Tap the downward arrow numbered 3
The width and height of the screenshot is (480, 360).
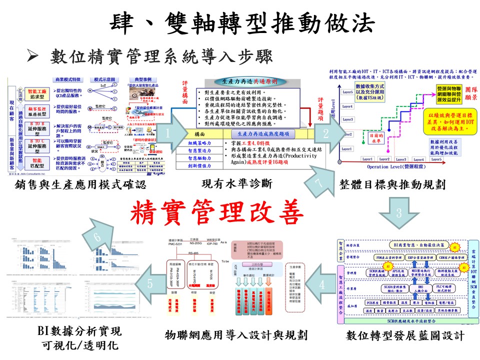tap(399, 212)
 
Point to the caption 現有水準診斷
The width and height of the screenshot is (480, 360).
tap(236, 184)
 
